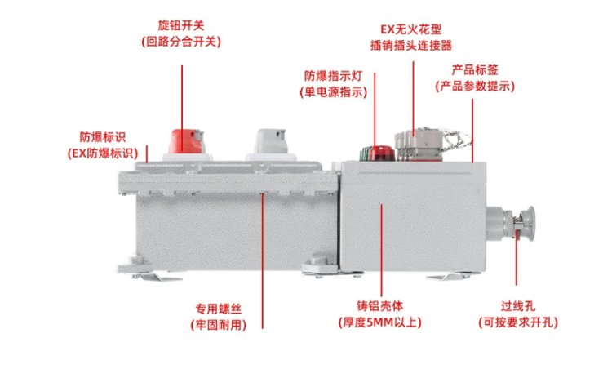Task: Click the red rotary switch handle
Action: (x=187, y=141)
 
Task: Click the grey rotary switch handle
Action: (x=271, y=141)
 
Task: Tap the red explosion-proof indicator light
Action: (x=381, y=153)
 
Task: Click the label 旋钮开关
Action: (x=181, y=25)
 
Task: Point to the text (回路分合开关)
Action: (x=181, y=42)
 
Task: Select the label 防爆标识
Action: (x=103, y=137)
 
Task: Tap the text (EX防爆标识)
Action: (x=103, y=153)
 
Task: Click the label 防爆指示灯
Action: (x=333, y=76)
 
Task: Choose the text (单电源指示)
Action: (x=333, y=92)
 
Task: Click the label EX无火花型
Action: (x=411, y=29)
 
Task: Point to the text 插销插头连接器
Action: (x=411, y=46)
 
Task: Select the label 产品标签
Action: (x=475, y=70)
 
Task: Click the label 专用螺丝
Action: (x=219, y=309)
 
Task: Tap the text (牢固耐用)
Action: (x=219, y=325)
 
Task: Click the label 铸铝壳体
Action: (x=379, y=306)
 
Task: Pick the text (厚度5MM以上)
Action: (x=379, y=322)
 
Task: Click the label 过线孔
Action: (x=518, y=306)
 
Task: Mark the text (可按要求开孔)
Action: (x=518, y=322)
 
